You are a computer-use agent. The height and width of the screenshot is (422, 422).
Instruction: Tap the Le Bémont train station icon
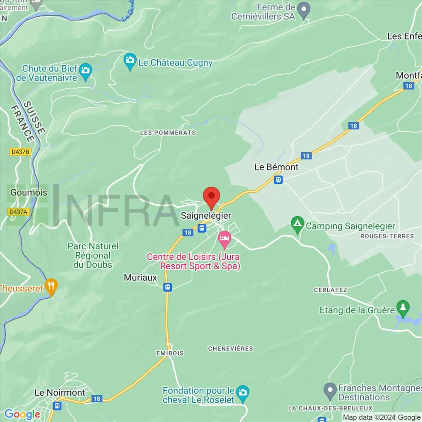[x=278, y=179]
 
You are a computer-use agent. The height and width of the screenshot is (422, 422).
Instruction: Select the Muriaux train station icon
[x=167, y=287]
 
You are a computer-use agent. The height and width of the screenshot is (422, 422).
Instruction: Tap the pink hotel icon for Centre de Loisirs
[x=225, y=238]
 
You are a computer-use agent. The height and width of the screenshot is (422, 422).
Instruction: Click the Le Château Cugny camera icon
[x=130, y=61]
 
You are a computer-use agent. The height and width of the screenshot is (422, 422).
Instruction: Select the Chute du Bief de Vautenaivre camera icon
[x=85, y=71]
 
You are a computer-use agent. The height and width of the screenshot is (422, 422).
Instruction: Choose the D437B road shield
[x=20, y=152]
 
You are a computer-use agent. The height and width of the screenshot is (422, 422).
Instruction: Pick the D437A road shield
[x=18, y=212]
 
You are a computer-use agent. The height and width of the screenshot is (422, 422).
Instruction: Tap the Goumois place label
[x=29, y=193]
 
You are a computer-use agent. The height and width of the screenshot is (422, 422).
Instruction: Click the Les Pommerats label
[x=168, y=133]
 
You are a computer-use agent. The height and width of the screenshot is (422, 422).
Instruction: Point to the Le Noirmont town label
[x=60, y=392]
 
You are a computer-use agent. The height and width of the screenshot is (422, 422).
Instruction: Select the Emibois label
[x=170, y=353]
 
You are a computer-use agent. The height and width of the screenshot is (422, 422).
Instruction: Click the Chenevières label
[x=231, y=349]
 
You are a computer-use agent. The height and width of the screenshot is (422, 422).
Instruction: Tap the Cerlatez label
[x=331, y=290]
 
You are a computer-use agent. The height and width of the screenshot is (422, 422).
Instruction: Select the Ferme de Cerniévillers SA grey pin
[x=304, y=10]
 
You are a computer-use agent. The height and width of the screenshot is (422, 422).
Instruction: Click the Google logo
[x=23, y=414]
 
